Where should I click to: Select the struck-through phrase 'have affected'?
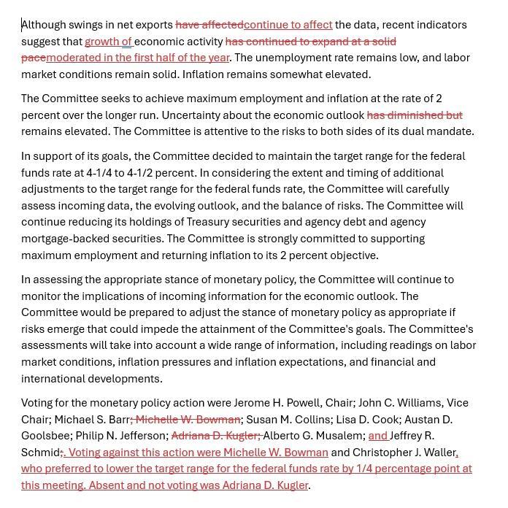coord(209,25)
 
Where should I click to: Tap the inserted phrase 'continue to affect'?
coord(288,25)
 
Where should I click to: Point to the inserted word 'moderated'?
coord(72,58)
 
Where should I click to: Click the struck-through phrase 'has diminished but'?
coord(415,115)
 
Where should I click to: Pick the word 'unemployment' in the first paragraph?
coord(291,58)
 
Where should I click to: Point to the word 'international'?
coord(53,379)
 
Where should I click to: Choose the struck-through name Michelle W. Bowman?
coord(188,420)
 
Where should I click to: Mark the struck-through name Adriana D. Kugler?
coord(214,436)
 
